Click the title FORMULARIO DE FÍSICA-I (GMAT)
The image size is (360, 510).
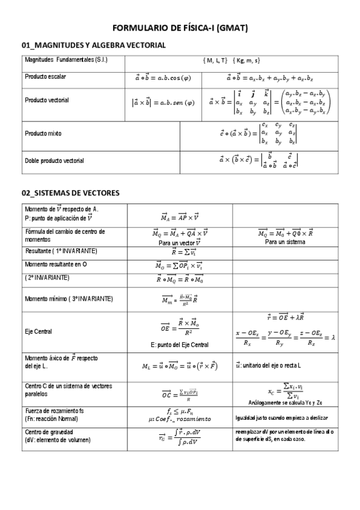[x=180, y=28]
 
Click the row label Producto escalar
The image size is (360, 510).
[x=46, y=77]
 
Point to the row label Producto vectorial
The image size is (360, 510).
[x=47, y=100]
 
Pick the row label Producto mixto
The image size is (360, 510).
[x=43, y=133]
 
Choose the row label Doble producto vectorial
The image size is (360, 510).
[x=55, y=161]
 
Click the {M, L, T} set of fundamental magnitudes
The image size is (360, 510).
[x=215, y=61]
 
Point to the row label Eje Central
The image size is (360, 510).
[x=38, y=331]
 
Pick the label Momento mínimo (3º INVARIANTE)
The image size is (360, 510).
[x=69, y=298]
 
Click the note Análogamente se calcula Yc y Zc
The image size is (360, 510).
[x=285, y=402]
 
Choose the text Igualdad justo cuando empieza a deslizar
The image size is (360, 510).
[x=285, y=417]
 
